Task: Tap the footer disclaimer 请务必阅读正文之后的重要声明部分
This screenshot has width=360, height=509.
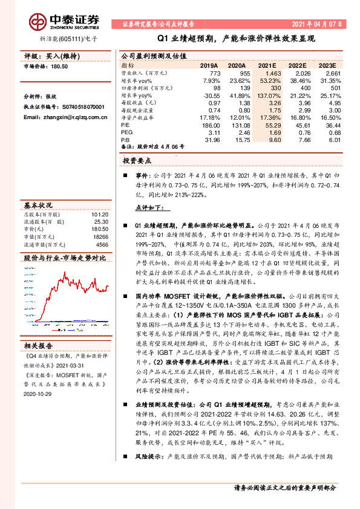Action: pyautogui.click(x=284, y=487)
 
